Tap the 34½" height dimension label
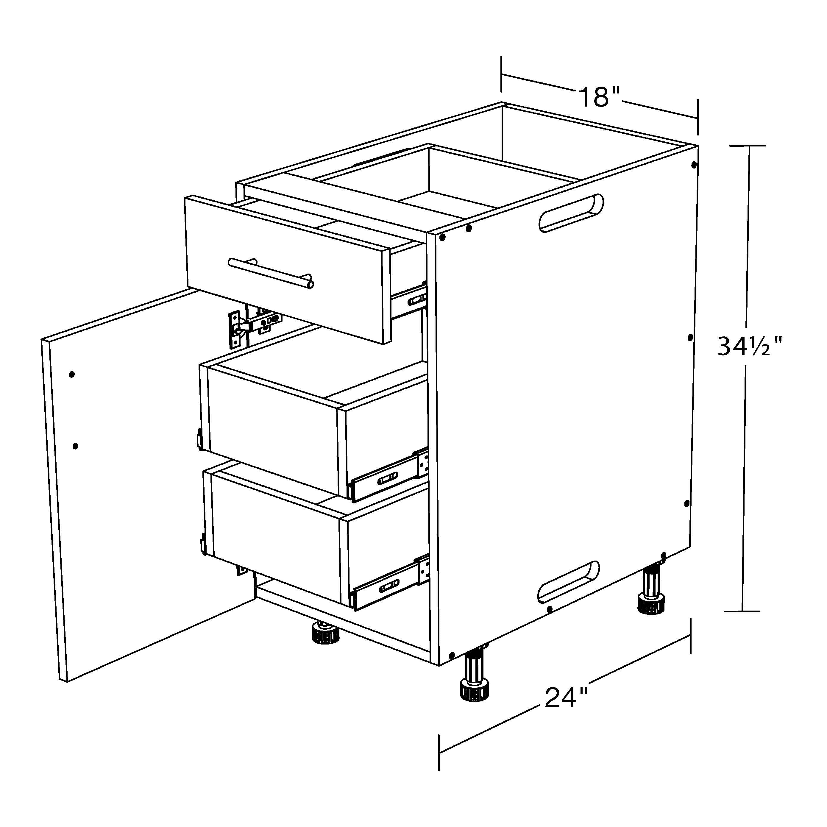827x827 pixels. click(750, 347)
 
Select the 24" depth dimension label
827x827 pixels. click(565, 698)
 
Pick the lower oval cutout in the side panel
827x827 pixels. click(568, 582)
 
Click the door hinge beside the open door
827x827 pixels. click(238, 329)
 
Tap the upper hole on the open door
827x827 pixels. click(72, 375)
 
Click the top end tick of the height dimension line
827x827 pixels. click(748, 146)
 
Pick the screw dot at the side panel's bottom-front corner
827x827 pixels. click(451, 655)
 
